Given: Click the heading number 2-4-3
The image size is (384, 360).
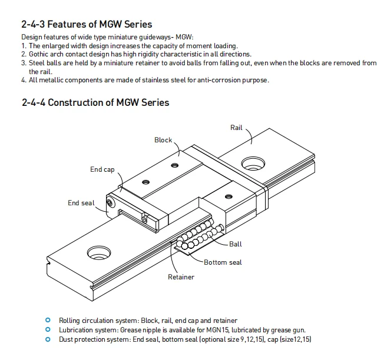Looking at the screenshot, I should pyautogui.click(x=32, y=25).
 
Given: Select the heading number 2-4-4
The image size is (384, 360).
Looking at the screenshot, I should pyautogui.click(x=32, y=102).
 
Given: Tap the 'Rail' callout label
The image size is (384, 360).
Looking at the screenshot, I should pyautogui.click(x=236, y=128).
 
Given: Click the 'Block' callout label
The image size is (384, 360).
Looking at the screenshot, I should pyautogui.click(x=163, y=140).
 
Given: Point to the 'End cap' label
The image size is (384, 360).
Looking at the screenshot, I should pyautogui.click(x=102, y=169).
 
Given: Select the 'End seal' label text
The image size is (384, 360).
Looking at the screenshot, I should pyautogui.click(x=81, y=203).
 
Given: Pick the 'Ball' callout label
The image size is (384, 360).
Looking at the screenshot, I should pyautogui.click(x=236, y=244).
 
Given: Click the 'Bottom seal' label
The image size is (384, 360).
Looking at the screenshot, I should pyautogui.click(x=223, y=262).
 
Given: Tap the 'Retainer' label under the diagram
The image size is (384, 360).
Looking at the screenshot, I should pyautogui.click(x=181, y=277).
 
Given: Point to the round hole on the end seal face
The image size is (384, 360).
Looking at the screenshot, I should pyautogui.click(x=110, y=204).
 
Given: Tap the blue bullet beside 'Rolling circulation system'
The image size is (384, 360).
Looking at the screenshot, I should pyautogui.click(x=48, y=320).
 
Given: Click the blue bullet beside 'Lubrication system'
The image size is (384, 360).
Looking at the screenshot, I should pyautogui.click(x=48, y=329).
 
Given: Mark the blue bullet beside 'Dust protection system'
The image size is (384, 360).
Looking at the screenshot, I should pyautogui.click(x=48, y=339).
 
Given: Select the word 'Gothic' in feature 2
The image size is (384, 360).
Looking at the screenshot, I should pyautogui.click(x=39, y=54).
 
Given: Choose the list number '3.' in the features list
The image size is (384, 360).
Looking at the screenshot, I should pyautogui.click(x=24, y=62).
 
